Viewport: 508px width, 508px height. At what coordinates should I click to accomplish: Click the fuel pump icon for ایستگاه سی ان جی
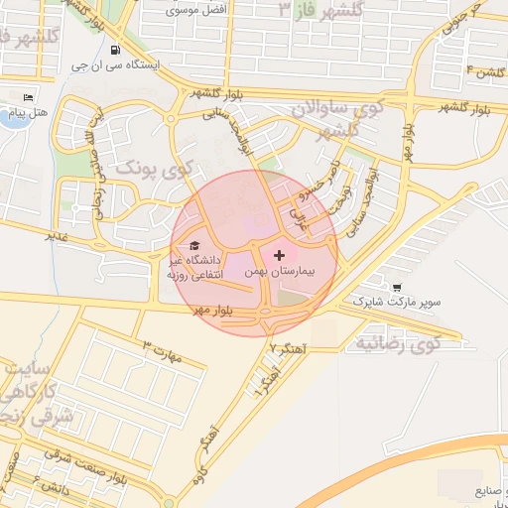[117, 50]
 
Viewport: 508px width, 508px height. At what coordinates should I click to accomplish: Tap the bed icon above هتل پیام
[28, 97]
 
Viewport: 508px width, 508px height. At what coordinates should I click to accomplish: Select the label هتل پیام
[22, 114]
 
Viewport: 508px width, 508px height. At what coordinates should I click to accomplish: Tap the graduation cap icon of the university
[194, 245]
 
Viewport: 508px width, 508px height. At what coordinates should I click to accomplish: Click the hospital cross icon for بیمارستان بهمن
[278, 255]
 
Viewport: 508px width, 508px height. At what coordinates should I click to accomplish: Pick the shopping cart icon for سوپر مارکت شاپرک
[398, 285]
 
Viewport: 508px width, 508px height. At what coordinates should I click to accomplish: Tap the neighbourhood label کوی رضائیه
[397, 344]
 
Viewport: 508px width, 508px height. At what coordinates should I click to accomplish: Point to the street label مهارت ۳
[163, 351]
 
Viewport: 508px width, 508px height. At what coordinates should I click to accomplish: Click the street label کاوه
[201, 465]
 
